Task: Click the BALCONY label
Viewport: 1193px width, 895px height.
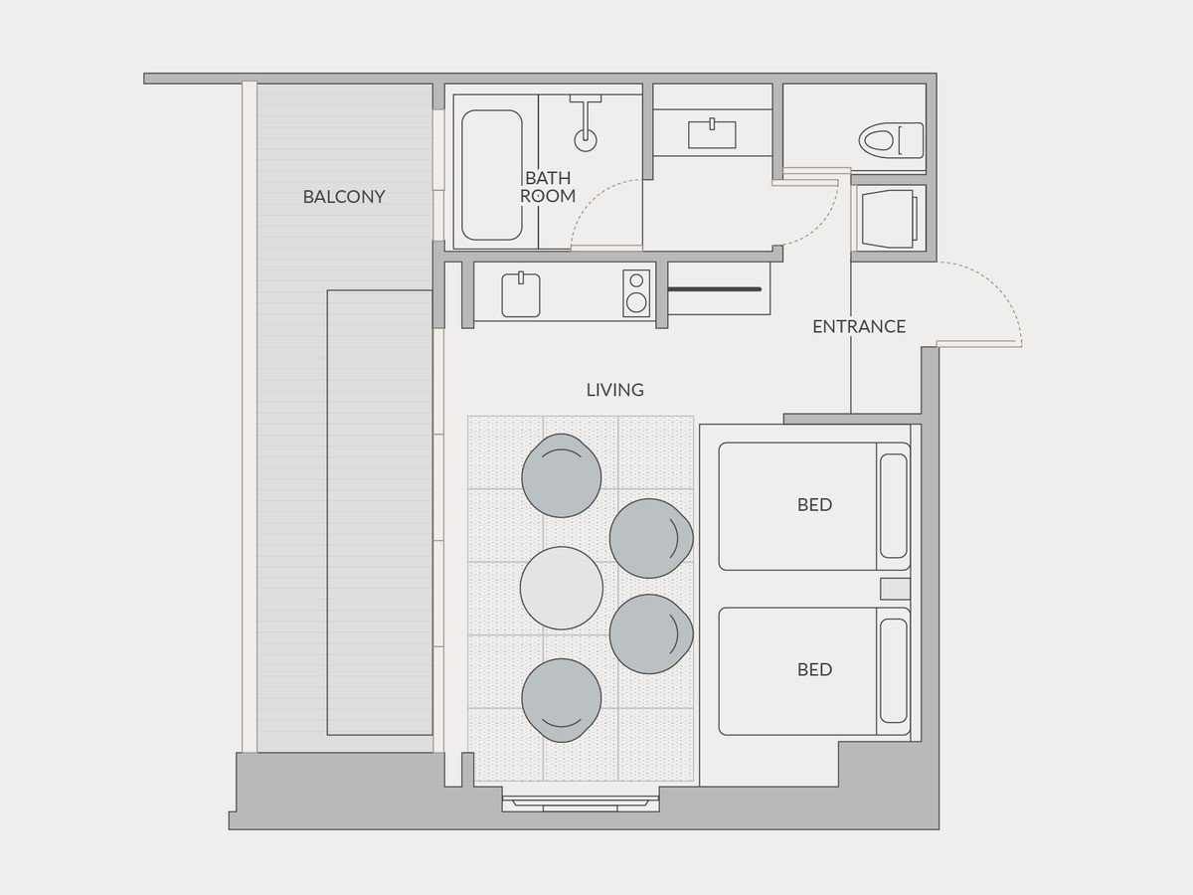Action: coord(344,197)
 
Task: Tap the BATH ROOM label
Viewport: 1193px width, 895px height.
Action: coord(548,186)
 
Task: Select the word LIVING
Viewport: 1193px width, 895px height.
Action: coord(614,390)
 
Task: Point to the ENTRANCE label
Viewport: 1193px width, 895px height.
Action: coord(859,326)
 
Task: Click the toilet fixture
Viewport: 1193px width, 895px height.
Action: coord(892,140)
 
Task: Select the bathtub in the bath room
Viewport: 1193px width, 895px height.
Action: coord(492,175)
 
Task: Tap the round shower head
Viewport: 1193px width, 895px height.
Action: coord(586,140)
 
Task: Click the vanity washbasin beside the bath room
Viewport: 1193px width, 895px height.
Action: coord(712,134)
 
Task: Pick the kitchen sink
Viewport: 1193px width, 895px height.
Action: coord(521,295)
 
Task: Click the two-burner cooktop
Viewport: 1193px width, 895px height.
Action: coord(636,293)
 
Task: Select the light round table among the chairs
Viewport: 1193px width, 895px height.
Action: coord(562,588)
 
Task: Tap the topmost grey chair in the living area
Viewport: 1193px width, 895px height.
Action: coord(562,475)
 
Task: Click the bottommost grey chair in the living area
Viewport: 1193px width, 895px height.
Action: coord(562,700)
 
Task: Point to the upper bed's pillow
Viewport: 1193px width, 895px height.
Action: coord(893,506)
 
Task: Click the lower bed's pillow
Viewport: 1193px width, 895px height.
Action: coord(893,671)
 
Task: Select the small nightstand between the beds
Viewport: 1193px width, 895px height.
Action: coord(895,589)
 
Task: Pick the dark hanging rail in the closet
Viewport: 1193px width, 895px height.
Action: coord(714,289)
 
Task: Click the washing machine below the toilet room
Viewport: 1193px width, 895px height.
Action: coord(890,219)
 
